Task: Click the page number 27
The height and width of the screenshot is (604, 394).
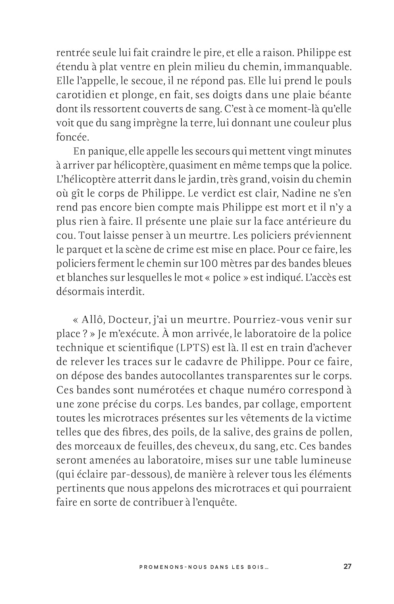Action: point(347,567)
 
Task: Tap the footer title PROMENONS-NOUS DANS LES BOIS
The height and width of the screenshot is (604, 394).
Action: point(204,567)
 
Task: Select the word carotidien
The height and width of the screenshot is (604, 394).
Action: point(77,95)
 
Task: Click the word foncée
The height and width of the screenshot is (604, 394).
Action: point(72,137)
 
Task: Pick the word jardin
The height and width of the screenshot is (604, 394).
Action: point(192,179)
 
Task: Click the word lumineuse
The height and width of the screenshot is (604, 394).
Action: point(326,460)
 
